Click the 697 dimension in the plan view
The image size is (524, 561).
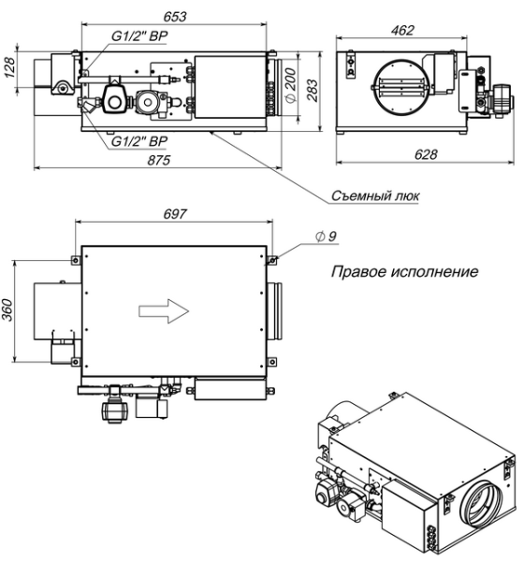tap(174, 214)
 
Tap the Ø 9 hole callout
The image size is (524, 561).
tap(327, 237)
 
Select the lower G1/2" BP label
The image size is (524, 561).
tap(139, 140)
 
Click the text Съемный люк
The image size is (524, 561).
tap(374, 196)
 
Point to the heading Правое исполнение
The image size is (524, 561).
tap(405, 274)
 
